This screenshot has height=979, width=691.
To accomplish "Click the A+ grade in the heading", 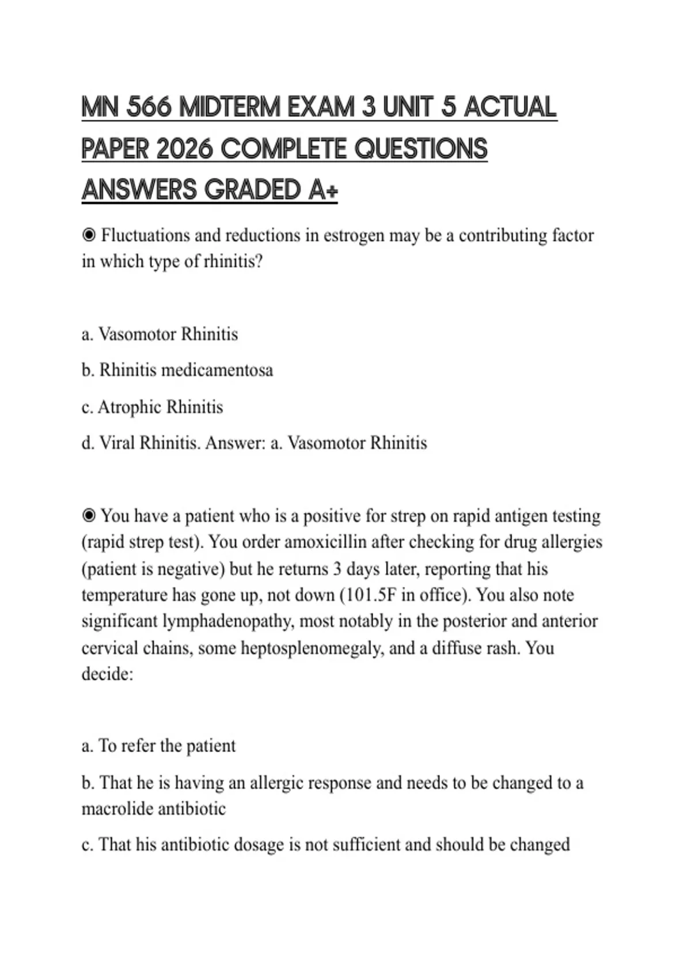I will [x=322, y=190].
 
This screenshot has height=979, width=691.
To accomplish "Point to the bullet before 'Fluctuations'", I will [x=89, y=236].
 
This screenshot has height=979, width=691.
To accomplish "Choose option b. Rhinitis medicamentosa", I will [x=177, y=370].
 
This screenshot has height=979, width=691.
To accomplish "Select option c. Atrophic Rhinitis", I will [x=152, y=407].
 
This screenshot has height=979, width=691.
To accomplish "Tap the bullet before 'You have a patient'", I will [x=89, y=516].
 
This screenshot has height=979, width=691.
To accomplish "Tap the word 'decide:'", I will [x=107, y=674].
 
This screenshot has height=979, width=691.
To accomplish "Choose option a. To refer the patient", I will [x=158, y=746].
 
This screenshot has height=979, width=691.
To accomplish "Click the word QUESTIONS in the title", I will [x=421, y=149].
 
